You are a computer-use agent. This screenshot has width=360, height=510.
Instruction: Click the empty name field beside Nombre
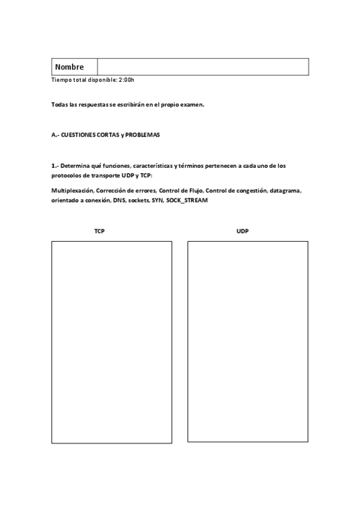click(203, 67)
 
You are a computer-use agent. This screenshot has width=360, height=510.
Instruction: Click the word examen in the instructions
click(192, 104)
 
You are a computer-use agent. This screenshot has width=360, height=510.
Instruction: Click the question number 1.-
click(55, 165)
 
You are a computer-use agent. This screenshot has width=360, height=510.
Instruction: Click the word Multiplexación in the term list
click(72, 191)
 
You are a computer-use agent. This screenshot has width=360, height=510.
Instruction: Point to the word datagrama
click(285, 191)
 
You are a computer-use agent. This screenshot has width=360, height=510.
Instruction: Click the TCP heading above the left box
click(99, 231)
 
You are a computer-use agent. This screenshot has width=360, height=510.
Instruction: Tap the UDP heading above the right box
click(243, 231)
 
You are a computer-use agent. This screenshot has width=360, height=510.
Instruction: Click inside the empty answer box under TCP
click(111, 342)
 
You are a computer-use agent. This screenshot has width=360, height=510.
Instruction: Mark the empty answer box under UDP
click(248, 342)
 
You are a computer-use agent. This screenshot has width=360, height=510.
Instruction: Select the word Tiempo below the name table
click(61, 80)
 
